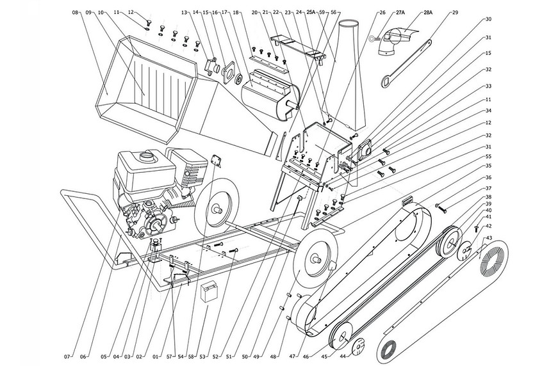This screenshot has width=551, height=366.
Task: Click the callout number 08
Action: point(75,12)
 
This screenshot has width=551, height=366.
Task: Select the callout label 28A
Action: point(427,12)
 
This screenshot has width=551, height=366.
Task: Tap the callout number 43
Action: point(489,239)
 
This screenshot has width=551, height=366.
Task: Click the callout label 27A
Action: point(401,12)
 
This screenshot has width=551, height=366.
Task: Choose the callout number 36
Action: point(489,177)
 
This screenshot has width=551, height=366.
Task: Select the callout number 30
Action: point(489,19)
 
